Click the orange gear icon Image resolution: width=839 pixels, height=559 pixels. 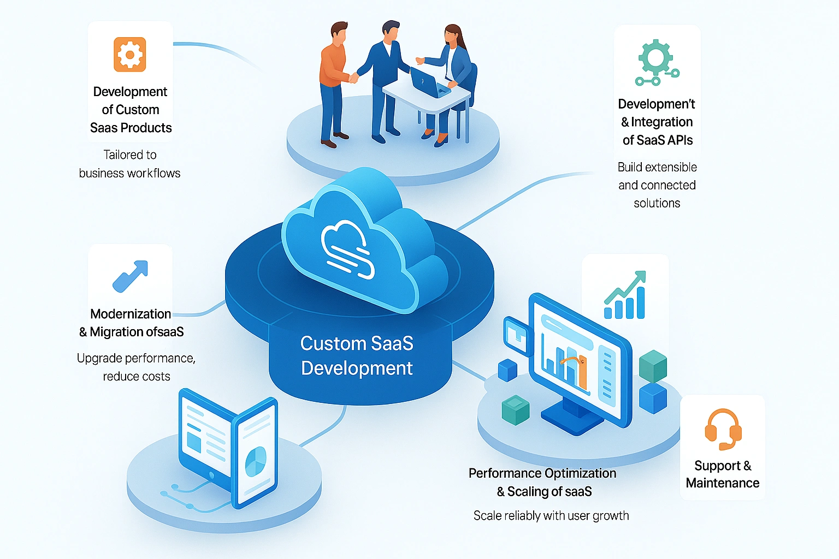pos(130,55)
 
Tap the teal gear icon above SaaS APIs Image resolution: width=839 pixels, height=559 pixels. pos(656,61)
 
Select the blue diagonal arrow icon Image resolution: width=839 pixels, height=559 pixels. pos(130,276)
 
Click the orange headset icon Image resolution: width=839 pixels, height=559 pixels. pos(723,429)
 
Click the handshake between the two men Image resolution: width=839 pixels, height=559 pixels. pos(354,78)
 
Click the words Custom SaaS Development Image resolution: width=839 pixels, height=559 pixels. pos(357,355)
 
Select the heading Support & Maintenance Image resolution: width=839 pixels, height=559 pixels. pos(722,474)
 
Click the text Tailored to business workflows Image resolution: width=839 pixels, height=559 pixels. pos(130,164)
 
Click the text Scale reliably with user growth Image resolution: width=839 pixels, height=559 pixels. pos(551,515)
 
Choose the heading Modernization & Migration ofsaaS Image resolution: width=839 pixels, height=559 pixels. pos(131,323)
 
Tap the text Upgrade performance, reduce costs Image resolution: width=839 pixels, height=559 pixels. pos(136,367)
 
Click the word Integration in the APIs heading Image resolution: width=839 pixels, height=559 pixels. pos(661,122)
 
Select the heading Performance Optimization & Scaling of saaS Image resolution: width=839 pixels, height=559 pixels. pos(543,482)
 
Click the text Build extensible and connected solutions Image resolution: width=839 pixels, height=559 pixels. pos(657,185)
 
